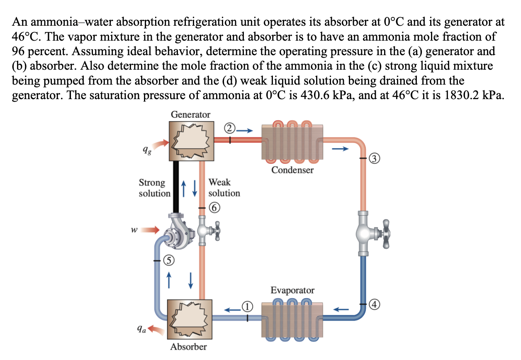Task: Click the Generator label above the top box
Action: (190, 114)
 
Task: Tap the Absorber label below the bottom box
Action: (189, 346)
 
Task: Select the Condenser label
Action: (292, 170)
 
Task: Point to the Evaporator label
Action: (292, 290)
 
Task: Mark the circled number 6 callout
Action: (212, 207)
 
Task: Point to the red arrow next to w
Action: (151, 229)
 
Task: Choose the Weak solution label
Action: (224, 187)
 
